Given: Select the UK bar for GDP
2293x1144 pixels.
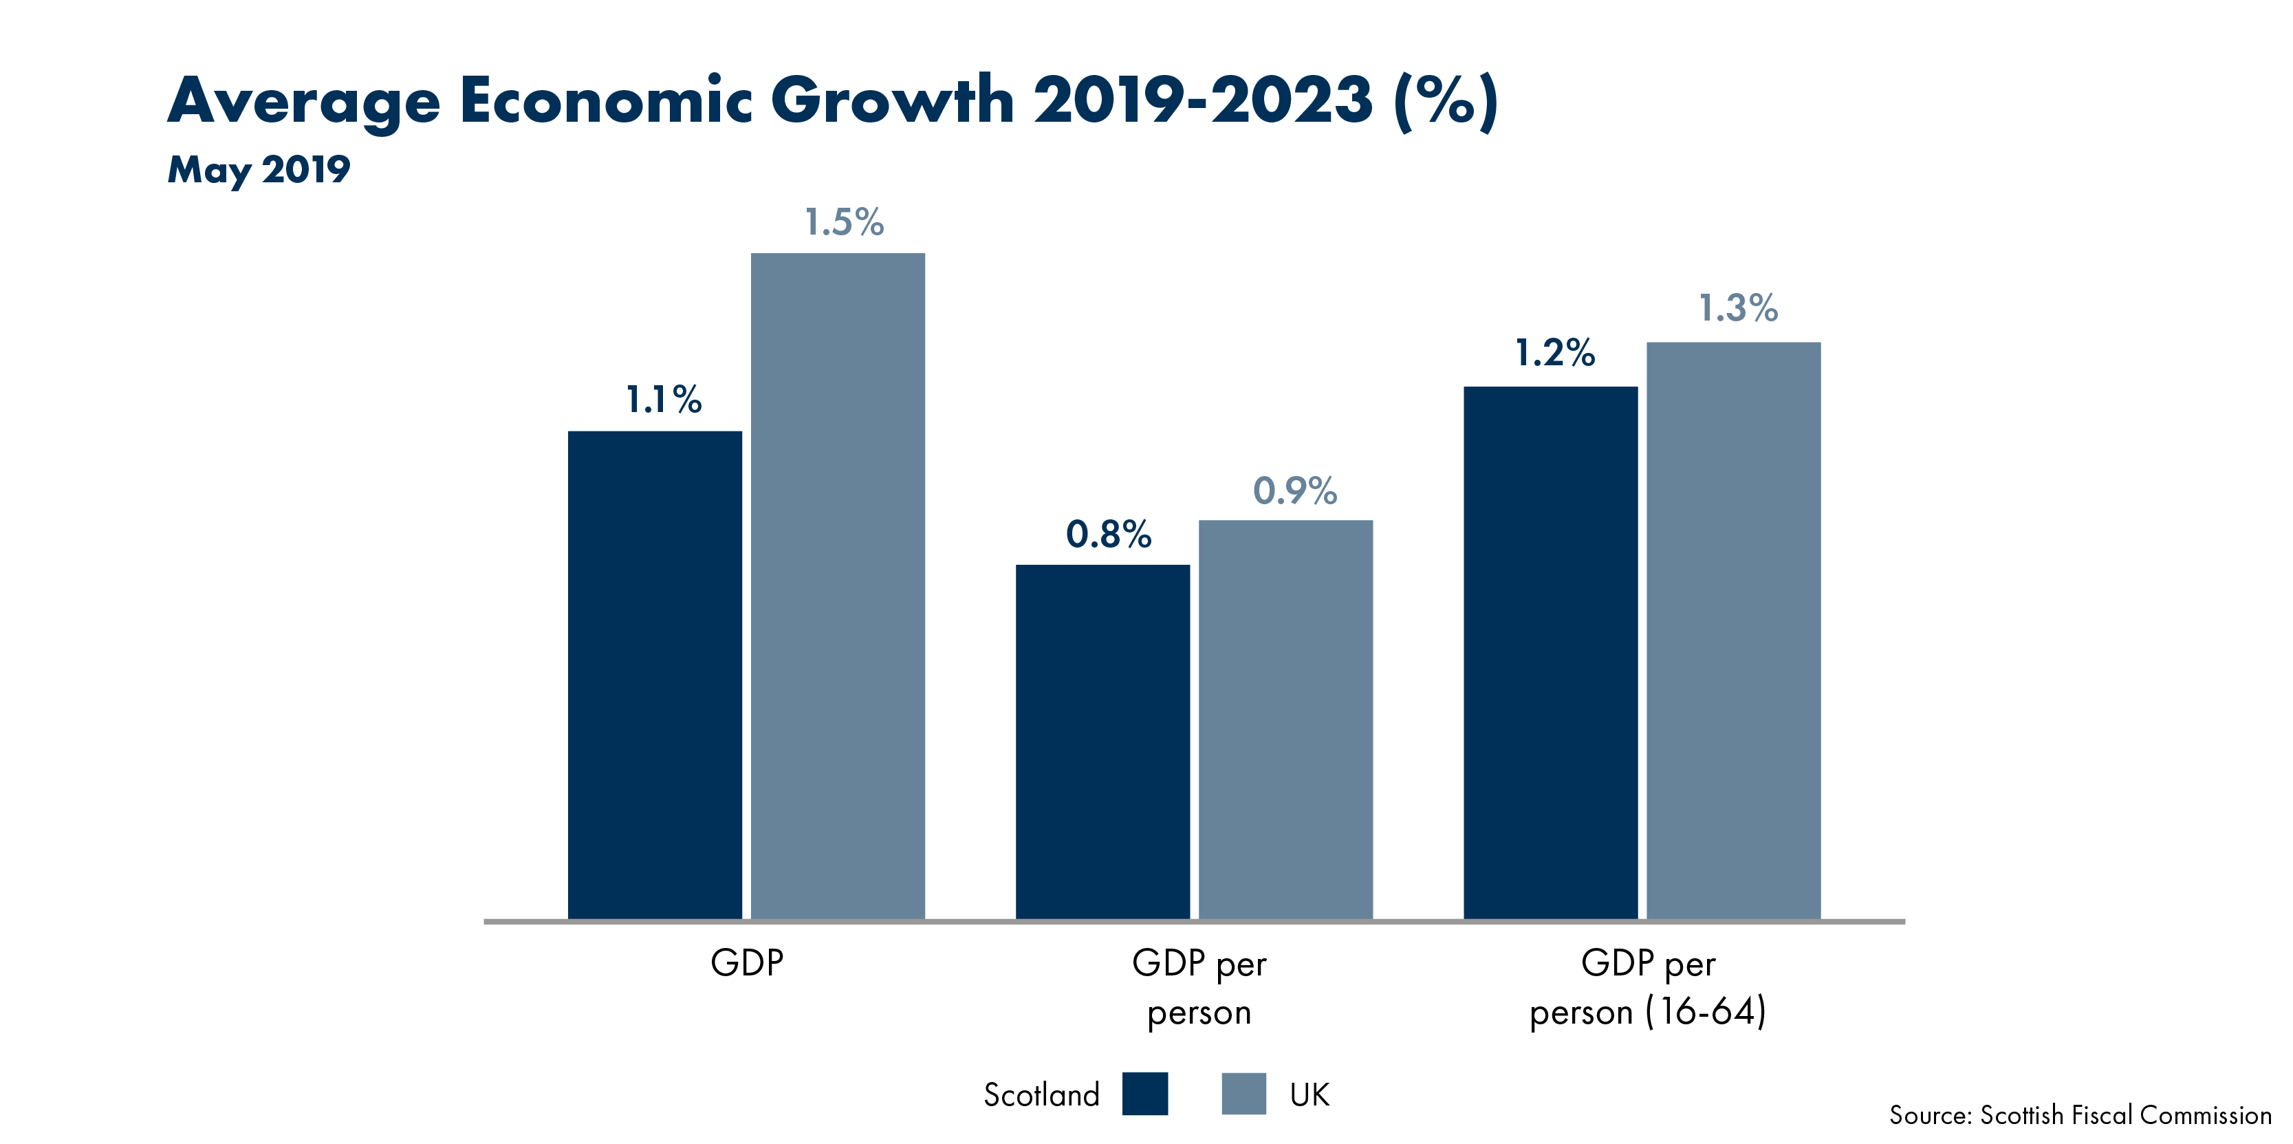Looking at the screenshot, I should pos(838,586).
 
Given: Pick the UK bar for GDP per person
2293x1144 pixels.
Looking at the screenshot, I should pos(1285,720).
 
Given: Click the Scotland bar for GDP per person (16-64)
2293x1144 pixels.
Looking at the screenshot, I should pos(1550,653).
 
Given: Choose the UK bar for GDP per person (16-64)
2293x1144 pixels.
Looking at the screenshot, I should pos(1733,630).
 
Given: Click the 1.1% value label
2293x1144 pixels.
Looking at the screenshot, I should pos(663,400).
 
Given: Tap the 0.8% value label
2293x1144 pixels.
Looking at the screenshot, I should pos(1108,534).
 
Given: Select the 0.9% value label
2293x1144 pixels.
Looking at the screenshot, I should pos(1294,490).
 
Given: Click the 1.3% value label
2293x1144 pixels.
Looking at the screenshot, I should pos(1737,309).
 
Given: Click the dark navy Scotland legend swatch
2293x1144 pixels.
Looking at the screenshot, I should pos(1144,1093).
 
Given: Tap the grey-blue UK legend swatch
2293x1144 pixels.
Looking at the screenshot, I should pos(1243,1093).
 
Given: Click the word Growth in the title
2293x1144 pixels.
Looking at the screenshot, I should pos(892,100).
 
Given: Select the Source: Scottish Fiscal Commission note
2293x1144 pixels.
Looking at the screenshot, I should pos(2079,1114).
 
